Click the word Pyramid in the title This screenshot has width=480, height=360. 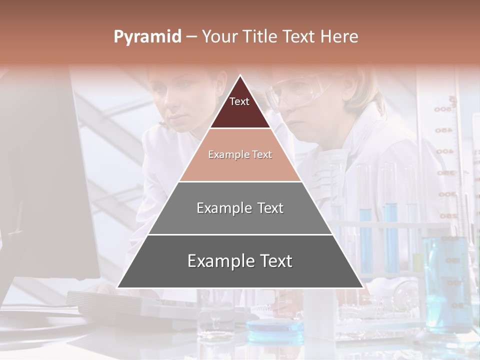point(147,37)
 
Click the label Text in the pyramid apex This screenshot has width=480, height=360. point(239,101)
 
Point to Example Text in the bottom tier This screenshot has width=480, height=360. point(240,261)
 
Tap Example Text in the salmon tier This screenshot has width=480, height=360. point(240,154)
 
